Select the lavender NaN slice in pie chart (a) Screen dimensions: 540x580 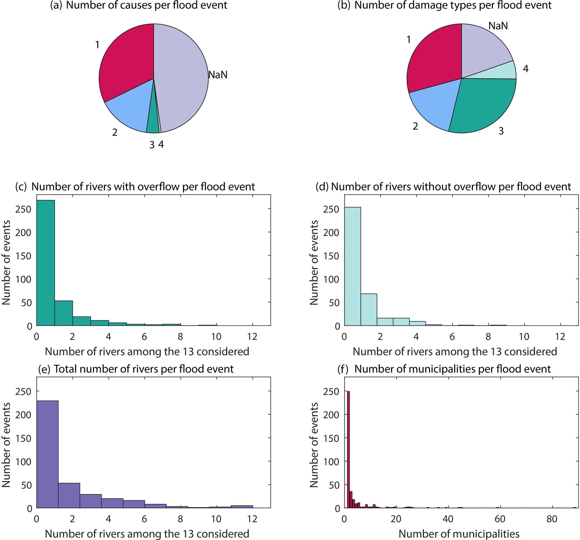(x=181, y=79)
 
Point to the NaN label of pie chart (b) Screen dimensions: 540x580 (x=498, y=26)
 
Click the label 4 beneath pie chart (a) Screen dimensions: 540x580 (x=161, y=144)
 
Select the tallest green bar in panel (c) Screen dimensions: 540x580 (x=45, y=262)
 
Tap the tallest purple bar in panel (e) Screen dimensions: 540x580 (x=47, y=455)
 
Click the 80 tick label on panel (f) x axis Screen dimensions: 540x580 (x=552, y=519)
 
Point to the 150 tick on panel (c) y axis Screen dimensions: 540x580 (x=23, y=256)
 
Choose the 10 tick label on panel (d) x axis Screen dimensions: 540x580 (x=524, y=337)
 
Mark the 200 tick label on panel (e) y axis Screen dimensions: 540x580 (x=23, y=415)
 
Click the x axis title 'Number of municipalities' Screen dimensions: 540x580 (x=459, y=534)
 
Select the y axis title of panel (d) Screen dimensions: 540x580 (x=314, y=262)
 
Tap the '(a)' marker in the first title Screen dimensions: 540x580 (x=56, y=5)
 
